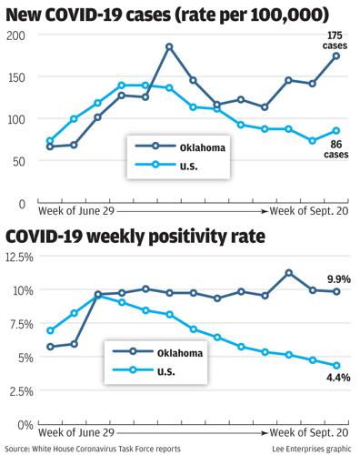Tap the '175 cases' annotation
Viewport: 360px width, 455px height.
coord(335,40)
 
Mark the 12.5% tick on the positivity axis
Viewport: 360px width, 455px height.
coord(19,258)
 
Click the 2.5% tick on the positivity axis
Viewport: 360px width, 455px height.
coord(19,391)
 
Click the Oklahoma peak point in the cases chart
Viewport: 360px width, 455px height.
coord(169,46)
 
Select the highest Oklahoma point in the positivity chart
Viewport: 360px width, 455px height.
coord(288,273)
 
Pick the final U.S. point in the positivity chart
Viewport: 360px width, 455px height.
coord(335,366)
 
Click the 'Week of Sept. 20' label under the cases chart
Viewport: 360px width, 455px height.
coord(307,209)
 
